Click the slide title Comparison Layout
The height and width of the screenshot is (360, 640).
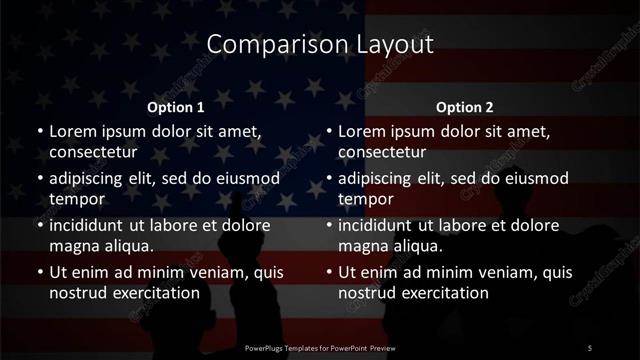point(320,44)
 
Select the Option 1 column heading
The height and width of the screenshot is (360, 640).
point(176,107)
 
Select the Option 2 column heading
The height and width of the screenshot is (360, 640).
point(465,107)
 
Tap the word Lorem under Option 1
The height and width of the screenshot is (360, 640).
point(72,131)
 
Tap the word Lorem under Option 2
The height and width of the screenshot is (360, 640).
point(361,131)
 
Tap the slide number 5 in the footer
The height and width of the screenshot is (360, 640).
point(589,347)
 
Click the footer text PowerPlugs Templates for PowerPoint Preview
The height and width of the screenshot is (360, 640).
point(320,347)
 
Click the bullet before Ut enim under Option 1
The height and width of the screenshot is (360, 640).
point(40,272)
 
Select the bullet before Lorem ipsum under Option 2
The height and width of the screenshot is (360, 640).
point(329,131)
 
